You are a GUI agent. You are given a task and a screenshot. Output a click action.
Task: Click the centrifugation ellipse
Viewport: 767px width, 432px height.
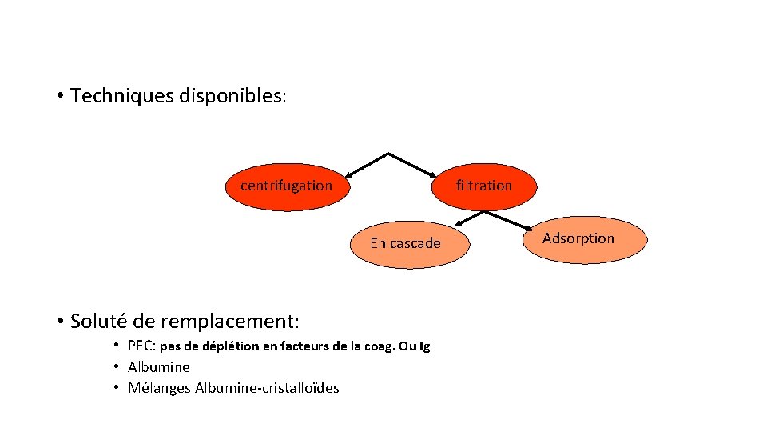coord(286,186)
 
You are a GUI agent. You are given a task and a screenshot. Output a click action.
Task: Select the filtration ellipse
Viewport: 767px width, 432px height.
coord(484,186)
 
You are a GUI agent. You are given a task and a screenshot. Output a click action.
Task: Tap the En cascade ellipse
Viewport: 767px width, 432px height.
coord(405,244)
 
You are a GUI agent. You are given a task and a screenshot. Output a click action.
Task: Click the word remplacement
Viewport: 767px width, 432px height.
coord(227,322)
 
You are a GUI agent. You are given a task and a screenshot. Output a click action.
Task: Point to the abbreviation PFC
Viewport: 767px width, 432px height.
coord(141,346)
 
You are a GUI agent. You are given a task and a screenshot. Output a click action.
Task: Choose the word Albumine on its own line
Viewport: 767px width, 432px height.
coord(159,367)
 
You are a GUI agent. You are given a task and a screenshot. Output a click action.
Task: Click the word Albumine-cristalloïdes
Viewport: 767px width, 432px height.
coord(267,388)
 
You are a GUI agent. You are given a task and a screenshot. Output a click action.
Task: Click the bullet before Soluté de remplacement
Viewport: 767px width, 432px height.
coord(60,322)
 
